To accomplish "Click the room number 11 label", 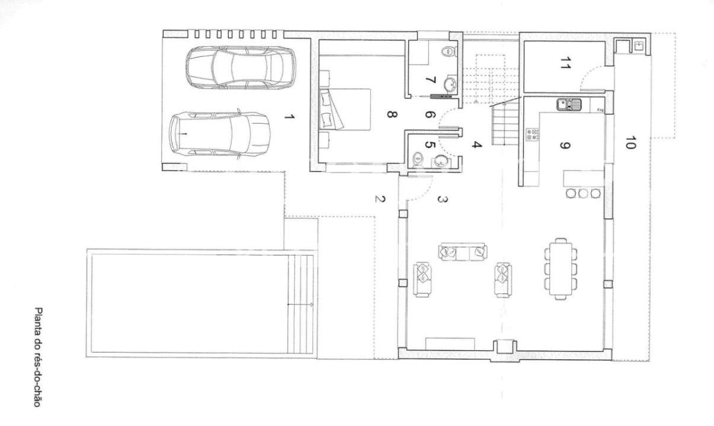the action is pos(565,63).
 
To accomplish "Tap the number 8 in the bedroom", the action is pos(392,114).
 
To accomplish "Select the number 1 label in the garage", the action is pos(289,117).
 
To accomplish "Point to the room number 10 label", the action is pos(630,143).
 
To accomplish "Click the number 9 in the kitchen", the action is pos(565,146).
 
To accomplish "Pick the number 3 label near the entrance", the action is pos(443,199).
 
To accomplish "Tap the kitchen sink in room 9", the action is pos(569,105).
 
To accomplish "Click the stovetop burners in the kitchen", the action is pos(532,134).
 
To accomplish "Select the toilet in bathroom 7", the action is pos(450,51).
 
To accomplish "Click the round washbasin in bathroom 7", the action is pos(450,84).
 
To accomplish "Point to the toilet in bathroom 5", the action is pos(418,160).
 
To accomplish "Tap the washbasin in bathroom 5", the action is pos(441,161).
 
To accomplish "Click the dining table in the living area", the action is pos(561,269).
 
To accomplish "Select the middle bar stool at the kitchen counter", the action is pos(583,193).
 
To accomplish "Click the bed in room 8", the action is pos(345,109).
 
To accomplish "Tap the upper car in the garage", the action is pos(241,67).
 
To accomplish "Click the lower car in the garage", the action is pos(220,134).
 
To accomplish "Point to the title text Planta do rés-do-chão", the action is pos(38,357).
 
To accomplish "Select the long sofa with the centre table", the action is pos(463,252).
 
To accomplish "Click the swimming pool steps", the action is pos(300,304).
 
